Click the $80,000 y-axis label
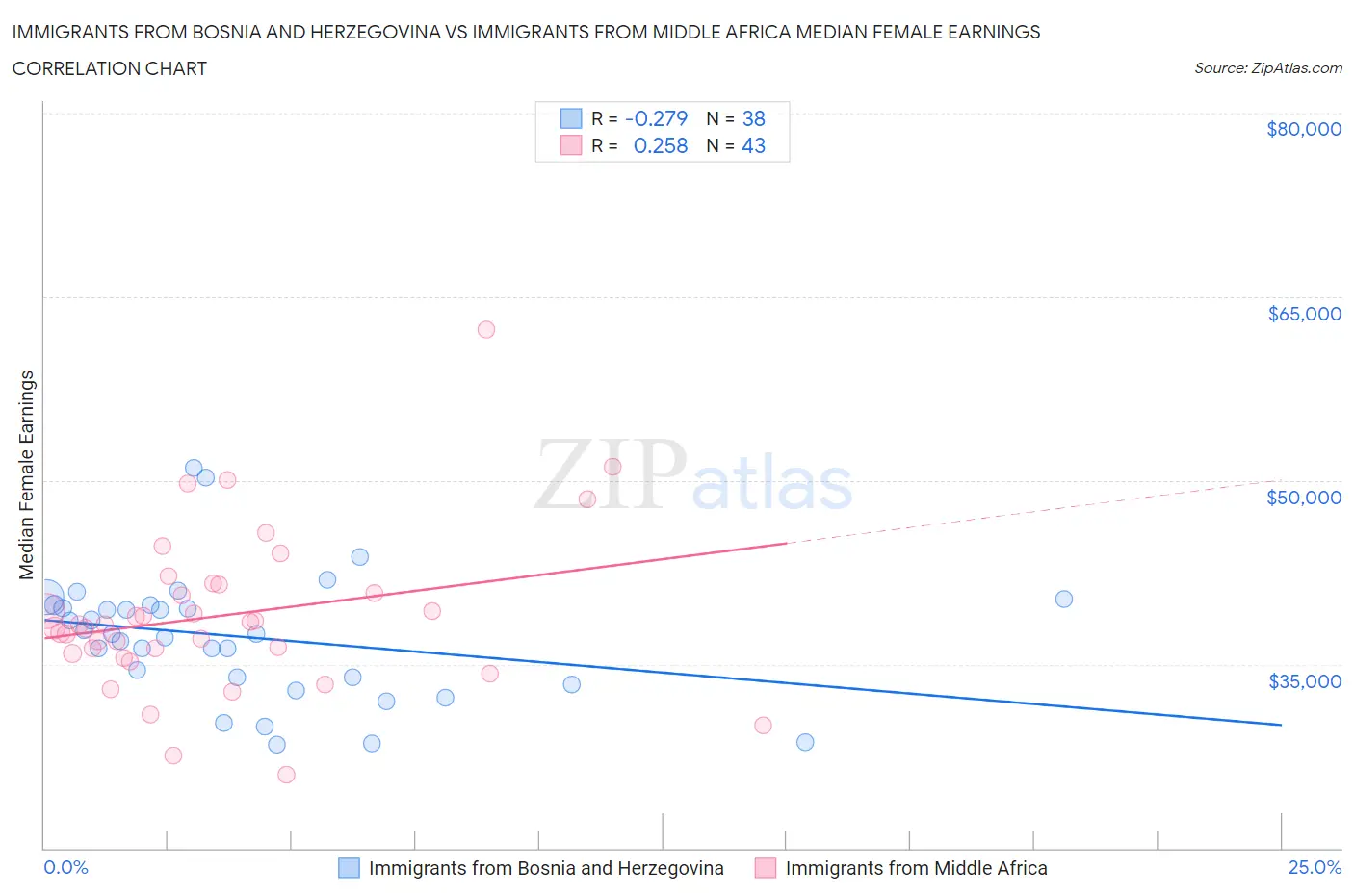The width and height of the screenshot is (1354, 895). coord(1304,129)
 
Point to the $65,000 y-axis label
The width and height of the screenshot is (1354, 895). coord(1304,314)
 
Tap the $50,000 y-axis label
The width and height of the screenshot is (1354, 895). coord(1304,498)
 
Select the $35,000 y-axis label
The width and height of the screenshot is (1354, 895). coord(1304,681)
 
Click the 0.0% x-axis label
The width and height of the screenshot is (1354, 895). coord(65,867)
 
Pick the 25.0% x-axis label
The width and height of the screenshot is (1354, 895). coord(1315,867)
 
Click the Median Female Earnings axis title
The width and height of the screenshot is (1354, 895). coord(26,474)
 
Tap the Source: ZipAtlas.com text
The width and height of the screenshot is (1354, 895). coord(1267,68)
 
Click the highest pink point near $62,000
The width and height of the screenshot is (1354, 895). coord(486,330)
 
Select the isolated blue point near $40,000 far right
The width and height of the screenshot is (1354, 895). coord(1064,599)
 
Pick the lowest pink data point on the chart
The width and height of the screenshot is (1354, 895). coord(286,775)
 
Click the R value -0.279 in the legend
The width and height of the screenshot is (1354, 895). coord(656,118)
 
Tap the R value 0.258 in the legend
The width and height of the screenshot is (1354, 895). coord(660,145)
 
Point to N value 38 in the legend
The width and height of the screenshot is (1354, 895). coord(753,118)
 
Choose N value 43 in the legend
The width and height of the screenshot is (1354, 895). coord(753,145)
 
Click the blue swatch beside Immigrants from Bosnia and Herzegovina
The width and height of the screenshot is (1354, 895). coord(349,868)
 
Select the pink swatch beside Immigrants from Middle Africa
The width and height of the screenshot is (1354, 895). coord(766,868)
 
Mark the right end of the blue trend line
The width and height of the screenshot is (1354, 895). coord(1281,724)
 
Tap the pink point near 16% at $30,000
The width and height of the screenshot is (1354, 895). coord(763,725)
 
